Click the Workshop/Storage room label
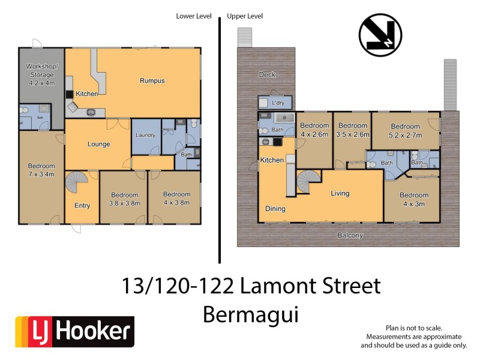(41, 75)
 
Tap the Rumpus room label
(152, 80)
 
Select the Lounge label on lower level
(98, 144)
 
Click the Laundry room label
(145, 136)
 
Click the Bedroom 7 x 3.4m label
(41, 170)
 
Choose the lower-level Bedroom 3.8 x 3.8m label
(124, 199)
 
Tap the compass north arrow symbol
(380, 35)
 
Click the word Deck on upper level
(266, 74)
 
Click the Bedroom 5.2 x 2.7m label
(405, 130)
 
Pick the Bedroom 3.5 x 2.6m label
(352, 130)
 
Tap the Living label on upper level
(340, 193)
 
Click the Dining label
(275, 209)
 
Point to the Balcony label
(350, 236)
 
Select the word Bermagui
(250, 314)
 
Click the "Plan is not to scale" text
(413, 328)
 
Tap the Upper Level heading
(245, 16)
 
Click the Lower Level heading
(193, 16)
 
